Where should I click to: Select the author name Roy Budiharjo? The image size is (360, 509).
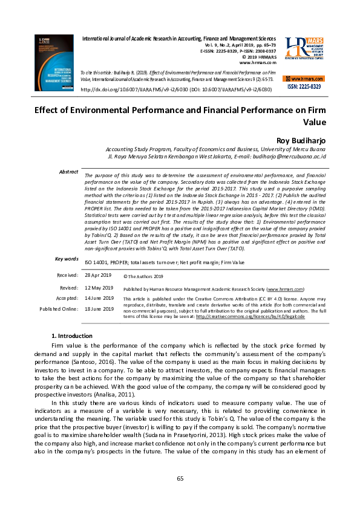pos(301,140)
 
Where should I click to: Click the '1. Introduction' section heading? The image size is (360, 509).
pos(72,336)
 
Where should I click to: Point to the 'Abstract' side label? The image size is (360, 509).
pos(68,172)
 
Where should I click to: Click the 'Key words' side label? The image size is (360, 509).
pos(67,259)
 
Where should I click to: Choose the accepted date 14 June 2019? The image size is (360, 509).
pos(99,298)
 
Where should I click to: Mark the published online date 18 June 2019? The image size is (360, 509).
pos(99,309)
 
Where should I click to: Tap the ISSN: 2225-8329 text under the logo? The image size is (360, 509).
pos(304,87)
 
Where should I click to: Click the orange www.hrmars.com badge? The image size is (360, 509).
pos(304,79)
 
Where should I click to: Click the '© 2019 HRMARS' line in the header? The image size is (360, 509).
pos(258,57)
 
